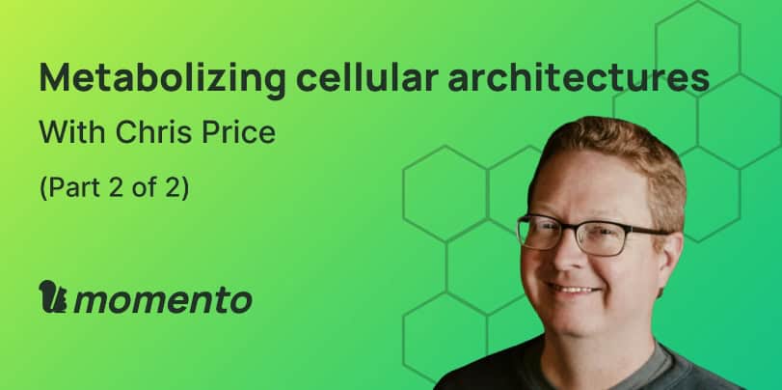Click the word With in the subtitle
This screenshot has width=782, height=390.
pyautogui.click(x=72, y=132)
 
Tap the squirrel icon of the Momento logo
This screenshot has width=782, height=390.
pyautogui.click(x=53, y=296)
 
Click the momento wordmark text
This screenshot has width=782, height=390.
pyautogui.click(x=163, y=300)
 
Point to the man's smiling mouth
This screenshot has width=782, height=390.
pyautogui.click(x=574, y=290)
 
